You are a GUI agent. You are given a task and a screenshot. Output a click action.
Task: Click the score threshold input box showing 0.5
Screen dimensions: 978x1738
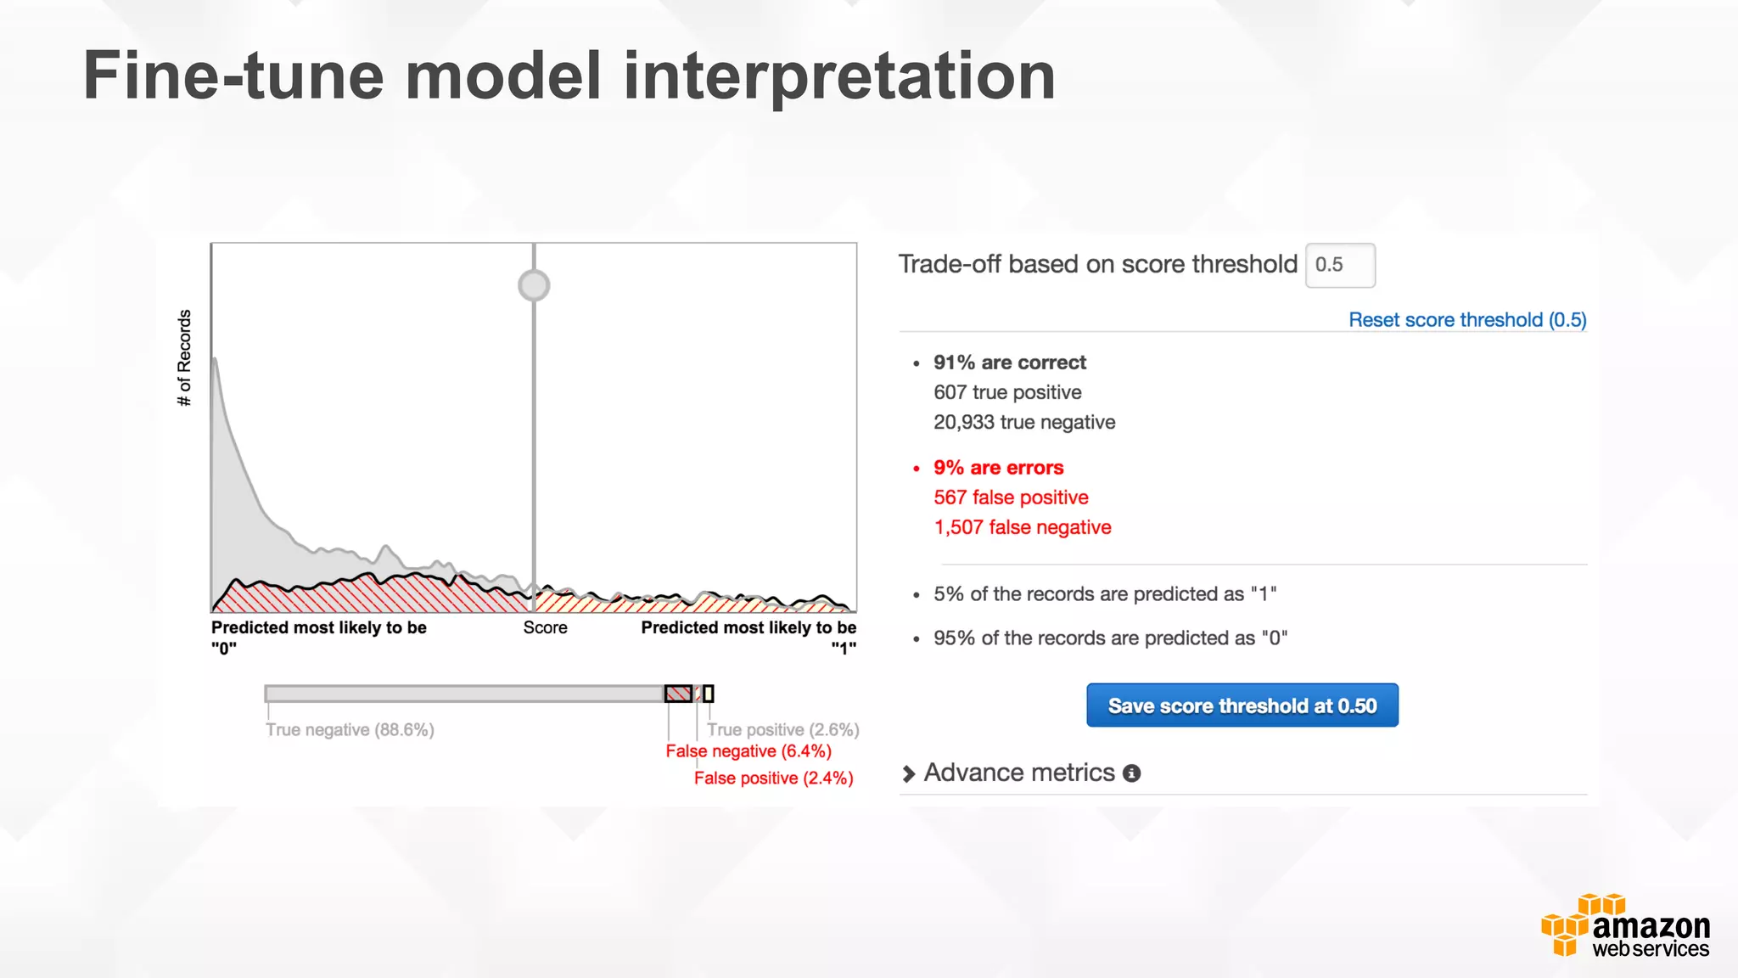click(x=1339, y=265)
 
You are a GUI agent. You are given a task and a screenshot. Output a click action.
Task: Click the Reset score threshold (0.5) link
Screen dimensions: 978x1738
click(x=1466, y=320)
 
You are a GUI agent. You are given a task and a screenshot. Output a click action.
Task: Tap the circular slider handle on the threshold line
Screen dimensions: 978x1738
click(x=534, y=285)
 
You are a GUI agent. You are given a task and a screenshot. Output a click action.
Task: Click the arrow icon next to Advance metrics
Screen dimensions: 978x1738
click(x=908, y=773)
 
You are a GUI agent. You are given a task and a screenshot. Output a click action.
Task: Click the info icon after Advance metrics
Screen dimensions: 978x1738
click(x=1131, y=773)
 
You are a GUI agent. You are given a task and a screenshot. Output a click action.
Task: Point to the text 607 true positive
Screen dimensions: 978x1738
click(x=1007, y=392)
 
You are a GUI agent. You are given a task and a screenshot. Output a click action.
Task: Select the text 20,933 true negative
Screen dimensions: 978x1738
click(x=1024, y=422)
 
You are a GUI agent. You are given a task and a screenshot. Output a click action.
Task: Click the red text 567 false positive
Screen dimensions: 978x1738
click(x=1011, y=497)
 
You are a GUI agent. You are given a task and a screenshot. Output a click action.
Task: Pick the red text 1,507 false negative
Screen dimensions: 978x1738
click(x=1023, y=527)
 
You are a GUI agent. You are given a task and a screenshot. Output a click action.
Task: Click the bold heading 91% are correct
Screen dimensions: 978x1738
click(x=1009, y=363)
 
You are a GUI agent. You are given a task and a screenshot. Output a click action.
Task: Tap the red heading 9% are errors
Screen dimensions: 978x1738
click(x=998, y=468)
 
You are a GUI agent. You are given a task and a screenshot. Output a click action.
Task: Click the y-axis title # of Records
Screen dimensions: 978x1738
click(x=184, y=357)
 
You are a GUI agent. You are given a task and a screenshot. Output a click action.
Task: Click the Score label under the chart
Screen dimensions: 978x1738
click(x=545, y=627)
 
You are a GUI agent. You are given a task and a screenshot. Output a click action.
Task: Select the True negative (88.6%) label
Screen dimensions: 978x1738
click(x=350, y=730)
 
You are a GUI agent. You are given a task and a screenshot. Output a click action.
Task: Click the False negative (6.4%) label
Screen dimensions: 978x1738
click(x=748, y=751)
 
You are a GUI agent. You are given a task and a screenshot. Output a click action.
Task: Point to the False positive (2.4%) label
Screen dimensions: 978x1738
click(x=773, y=778)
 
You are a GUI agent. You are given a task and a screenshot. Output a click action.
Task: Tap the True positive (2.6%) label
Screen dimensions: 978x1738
click(x=782, y=730)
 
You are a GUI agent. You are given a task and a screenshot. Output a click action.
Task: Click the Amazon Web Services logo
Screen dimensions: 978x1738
click(x=1625, y=926)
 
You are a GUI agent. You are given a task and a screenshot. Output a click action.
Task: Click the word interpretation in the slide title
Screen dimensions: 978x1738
click(x=839, y=76)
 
